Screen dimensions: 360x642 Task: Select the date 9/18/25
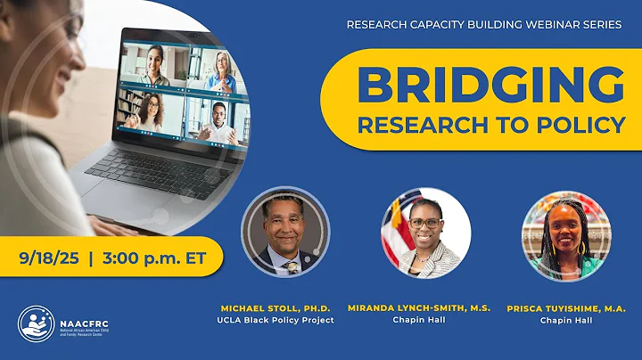(50, 258)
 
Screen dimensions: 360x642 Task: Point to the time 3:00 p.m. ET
(157, 258)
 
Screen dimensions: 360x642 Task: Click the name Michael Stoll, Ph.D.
(276, 308)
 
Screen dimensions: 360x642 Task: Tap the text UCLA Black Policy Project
(276, 321)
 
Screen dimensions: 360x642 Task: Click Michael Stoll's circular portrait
(285, 233)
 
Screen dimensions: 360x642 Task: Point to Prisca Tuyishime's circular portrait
(566, 233)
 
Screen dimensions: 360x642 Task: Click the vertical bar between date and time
(91, 258)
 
